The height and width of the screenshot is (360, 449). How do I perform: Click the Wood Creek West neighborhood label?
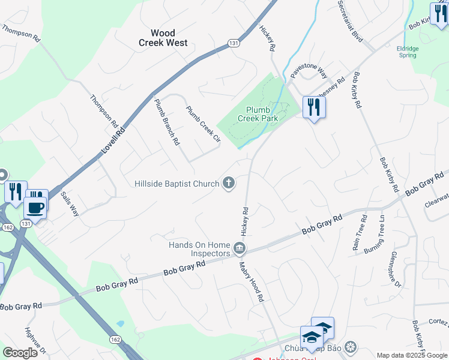point(163,38)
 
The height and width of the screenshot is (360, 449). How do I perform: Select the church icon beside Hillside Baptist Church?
point(228,183)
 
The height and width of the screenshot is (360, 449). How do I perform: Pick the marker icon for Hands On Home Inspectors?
point(240,248)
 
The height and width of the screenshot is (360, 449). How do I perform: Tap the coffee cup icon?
point(35,208)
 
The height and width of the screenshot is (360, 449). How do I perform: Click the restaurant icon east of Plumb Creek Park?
point(314,107)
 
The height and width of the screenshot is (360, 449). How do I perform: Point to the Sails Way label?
point(70,204)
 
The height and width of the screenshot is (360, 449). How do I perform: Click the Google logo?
point(20,353)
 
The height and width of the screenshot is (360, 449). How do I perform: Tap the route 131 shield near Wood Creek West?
point(234,42)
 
